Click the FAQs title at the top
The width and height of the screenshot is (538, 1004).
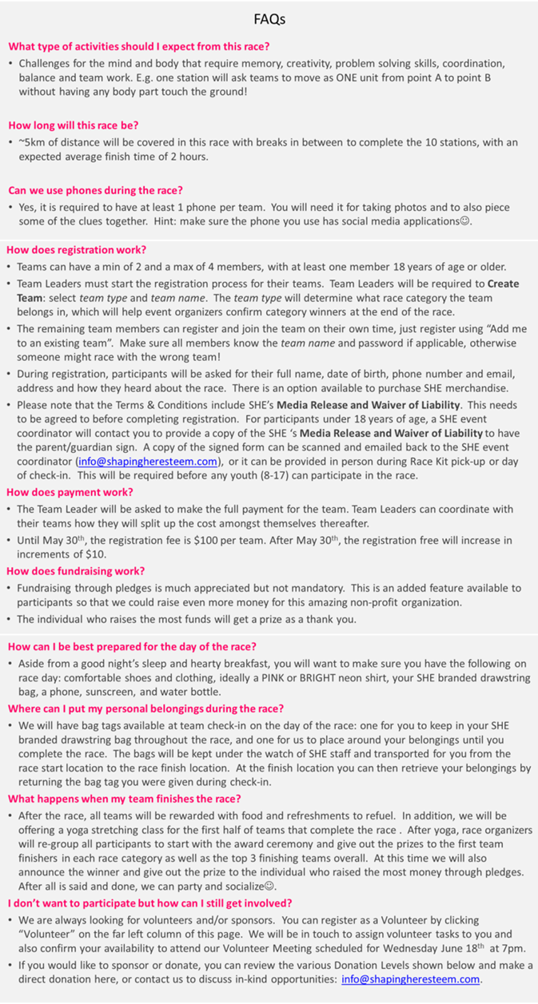click(x=269, y=18)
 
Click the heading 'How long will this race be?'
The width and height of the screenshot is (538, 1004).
click(x=73, y=125)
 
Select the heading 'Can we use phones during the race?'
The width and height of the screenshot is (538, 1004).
click(x=95, y=190)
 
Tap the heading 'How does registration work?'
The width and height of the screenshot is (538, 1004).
click(x=76, y=249)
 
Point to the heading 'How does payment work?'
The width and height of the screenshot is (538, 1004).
click(x=70, y=492)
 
